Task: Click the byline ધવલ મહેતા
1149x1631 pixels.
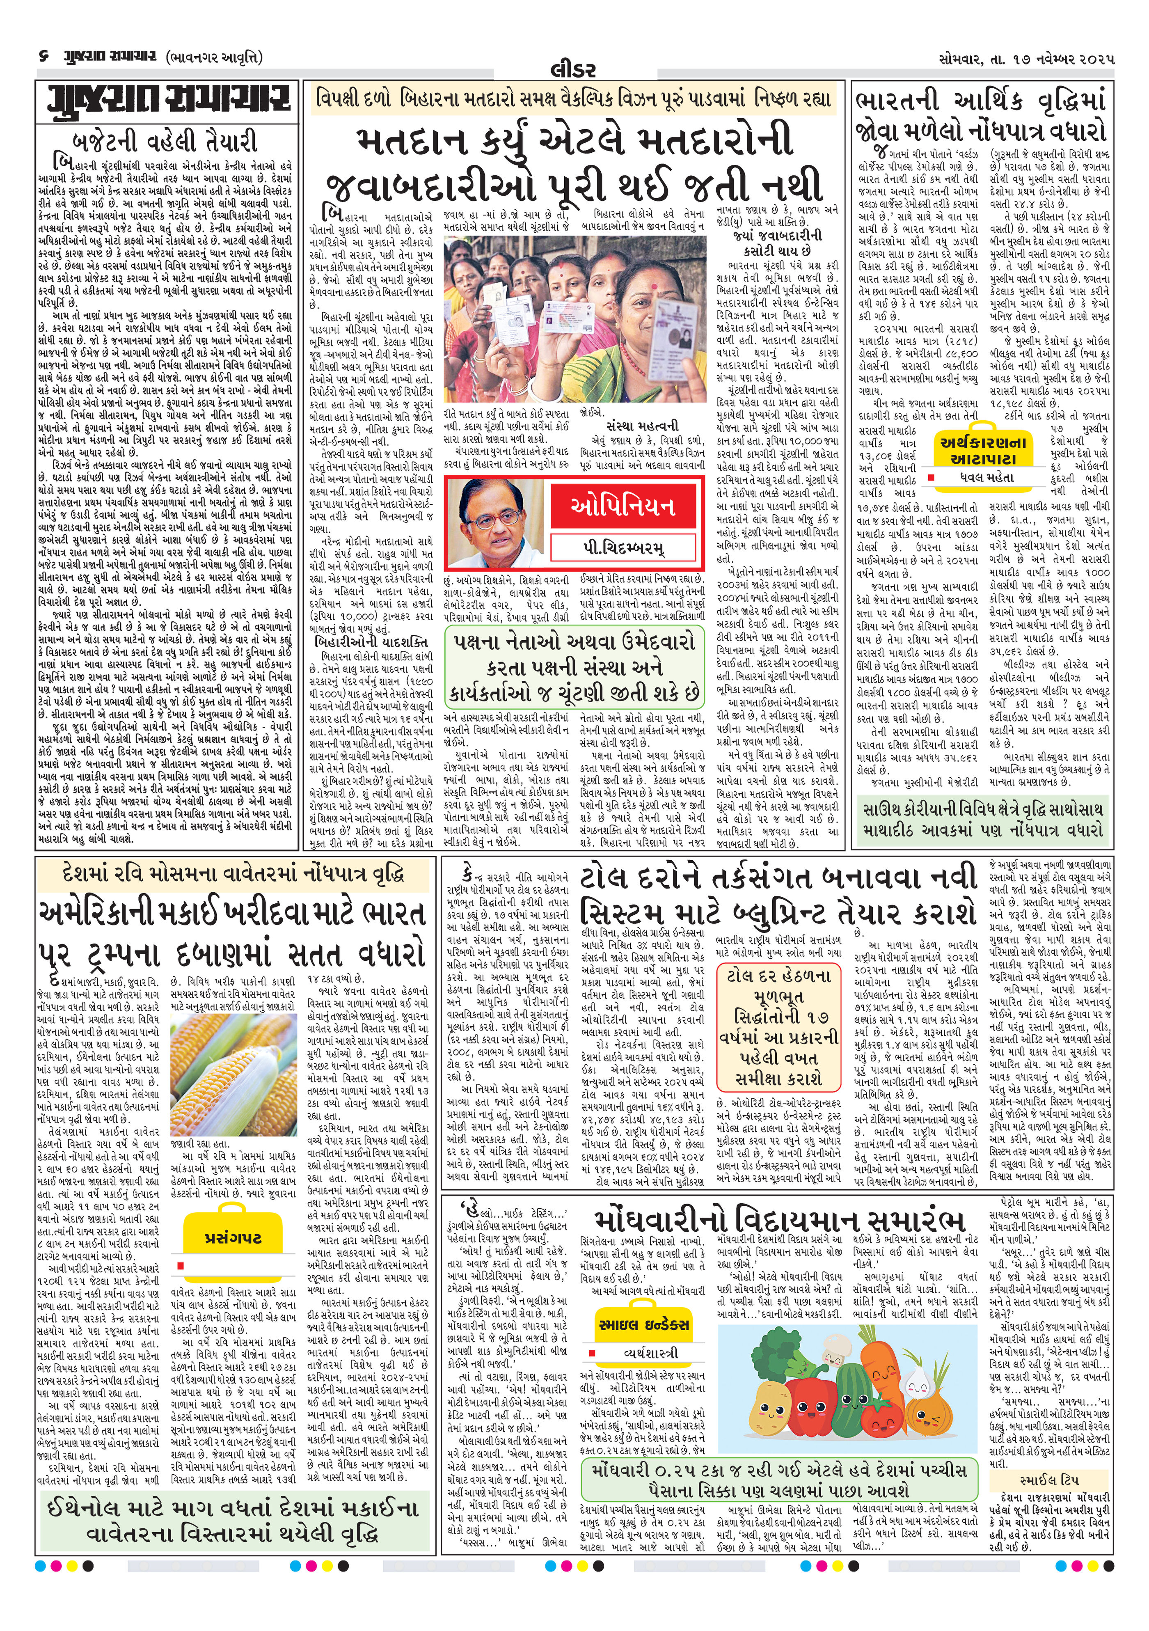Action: coord(985,478)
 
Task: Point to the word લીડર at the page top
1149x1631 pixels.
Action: coord(573,70)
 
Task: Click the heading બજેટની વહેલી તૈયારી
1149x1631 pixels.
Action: coord(165,141)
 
